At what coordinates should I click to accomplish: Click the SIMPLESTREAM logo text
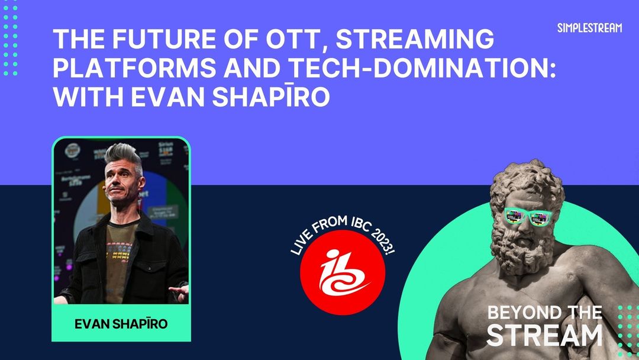tap(589, 28)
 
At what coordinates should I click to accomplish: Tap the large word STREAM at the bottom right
tap(544, 335)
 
